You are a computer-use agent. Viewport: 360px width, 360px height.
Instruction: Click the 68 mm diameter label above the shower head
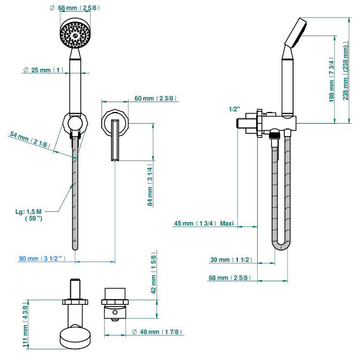pyautogui.click(x=80, y=7)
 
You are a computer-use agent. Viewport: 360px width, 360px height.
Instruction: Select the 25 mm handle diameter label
pyautogui.click(x=44, y=70)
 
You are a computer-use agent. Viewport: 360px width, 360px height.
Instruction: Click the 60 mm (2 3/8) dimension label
pyautogui.click(x=156, y=98)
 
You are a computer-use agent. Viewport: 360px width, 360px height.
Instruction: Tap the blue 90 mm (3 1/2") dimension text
pyautogui.click(x=42, y=259)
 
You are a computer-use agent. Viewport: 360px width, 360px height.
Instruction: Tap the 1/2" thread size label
pyautogui.click(x=234, y=109)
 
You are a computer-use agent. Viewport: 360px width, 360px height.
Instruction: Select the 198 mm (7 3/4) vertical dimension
pyautogui.click(x=332, y=79)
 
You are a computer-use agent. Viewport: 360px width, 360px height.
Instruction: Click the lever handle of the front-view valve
pyautogui.click(x=114, y=140)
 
